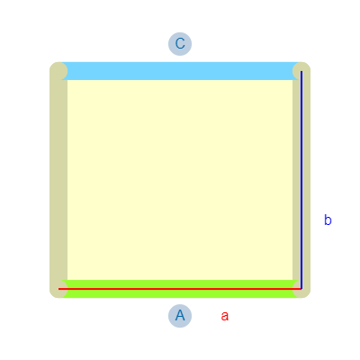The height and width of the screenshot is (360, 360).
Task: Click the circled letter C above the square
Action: click(180, 44)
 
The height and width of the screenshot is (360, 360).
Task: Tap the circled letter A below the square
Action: click(180, 316)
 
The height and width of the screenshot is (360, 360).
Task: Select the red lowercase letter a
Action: click(225, 316)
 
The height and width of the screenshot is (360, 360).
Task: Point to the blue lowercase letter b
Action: click(328, 220)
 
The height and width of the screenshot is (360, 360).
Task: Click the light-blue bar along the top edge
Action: click(180, 71)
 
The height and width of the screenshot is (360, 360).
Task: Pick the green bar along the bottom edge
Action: click(180, 289)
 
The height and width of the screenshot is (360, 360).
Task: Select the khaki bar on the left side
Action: click(58, 180)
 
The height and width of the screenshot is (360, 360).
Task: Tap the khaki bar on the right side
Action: click(301, 180)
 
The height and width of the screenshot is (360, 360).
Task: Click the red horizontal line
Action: click(180, 289)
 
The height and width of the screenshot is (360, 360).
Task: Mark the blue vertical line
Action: click(301, 180)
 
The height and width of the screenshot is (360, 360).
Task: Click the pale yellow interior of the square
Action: click(180, 180)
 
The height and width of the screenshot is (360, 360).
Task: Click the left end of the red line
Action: click(58, 289)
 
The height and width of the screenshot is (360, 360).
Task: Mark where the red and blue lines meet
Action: click(301, 289)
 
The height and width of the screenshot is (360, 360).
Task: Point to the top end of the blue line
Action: click(301, 71)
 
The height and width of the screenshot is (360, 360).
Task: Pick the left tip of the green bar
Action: click(62, 289)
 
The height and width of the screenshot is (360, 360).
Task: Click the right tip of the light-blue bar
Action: click(298, 71)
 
